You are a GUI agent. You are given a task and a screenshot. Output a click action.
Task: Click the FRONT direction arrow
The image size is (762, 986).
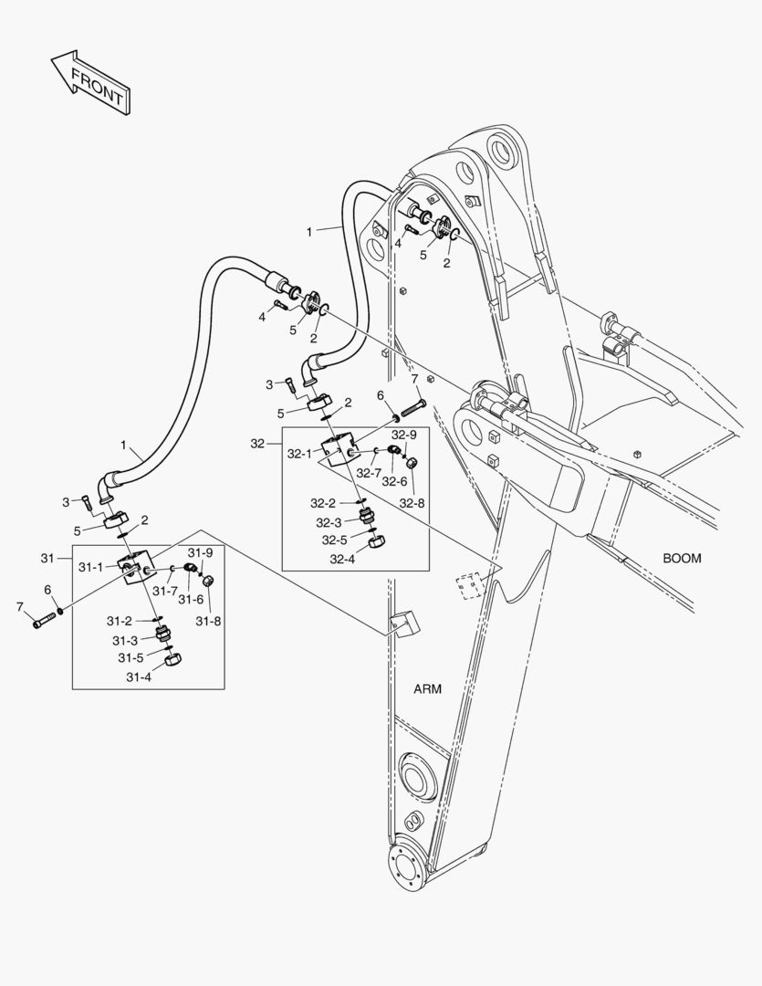(x=89, y=82)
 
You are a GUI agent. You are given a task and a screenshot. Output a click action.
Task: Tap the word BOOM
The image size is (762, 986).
(x=682, y=558)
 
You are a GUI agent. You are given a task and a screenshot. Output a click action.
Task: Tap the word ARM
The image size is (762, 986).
(x=426, y=689)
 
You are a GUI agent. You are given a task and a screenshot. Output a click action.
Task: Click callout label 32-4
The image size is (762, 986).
(x=343, y=559)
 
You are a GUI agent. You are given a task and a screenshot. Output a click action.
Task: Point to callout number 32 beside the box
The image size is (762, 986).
(x=258, y=443)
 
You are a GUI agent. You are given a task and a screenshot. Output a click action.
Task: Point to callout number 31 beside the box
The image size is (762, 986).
(x=49, y=558)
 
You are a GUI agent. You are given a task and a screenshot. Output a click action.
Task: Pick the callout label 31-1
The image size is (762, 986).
(x=90, y=567)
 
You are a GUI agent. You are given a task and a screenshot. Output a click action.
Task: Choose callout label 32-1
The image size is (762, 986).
(x=300, y=453)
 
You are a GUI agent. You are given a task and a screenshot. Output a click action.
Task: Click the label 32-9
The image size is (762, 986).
(x=404, y=434)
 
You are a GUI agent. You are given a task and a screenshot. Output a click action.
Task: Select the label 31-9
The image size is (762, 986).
(x=200, y=552)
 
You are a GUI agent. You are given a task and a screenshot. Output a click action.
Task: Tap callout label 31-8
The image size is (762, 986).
(x=208, y=621)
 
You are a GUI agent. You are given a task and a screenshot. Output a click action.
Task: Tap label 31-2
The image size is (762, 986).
(x=120, y=620)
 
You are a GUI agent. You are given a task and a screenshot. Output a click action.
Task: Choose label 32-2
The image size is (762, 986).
(x=323, y=503)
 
